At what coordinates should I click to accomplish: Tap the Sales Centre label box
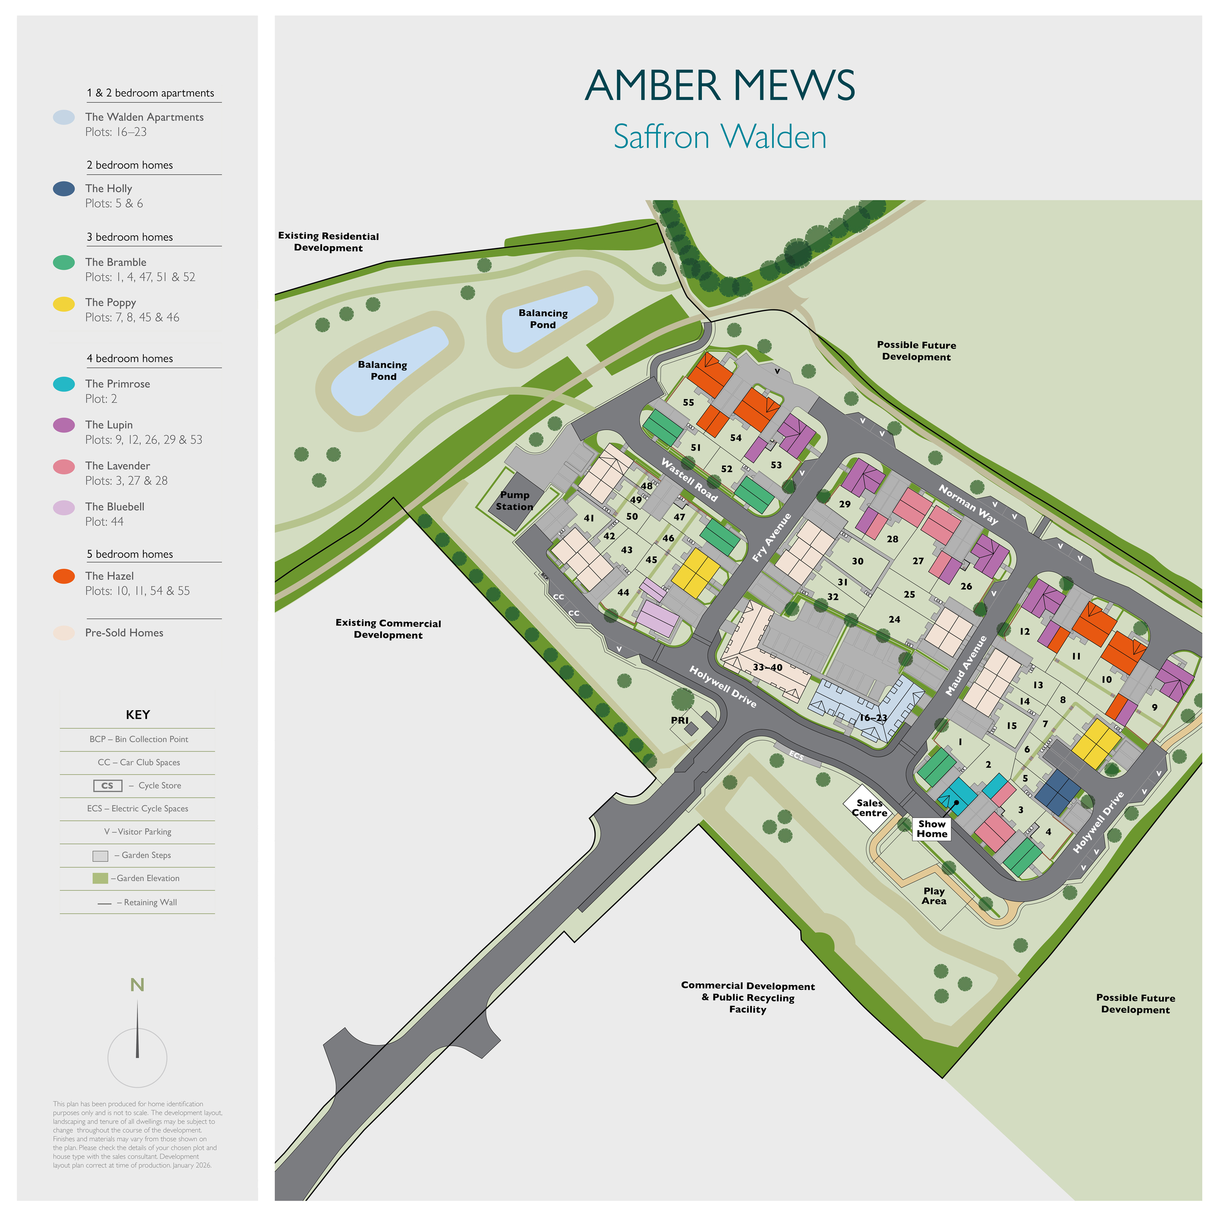click(869, 808)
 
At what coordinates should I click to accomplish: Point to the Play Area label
click(934, 896)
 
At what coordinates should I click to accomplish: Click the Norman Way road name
click(968, 504)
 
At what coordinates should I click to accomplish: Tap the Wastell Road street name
click(689, 480)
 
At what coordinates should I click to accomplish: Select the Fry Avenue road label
click(771, 538)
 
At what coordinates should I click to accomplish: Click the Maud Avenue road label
click(966, 666)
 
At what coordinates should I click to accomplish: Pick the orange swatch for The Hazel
click(64, 576)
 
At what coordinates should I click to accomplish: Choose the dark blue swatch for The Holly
click(64, 188)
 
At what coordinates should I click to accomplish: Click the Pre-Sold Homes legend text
click(124, 633)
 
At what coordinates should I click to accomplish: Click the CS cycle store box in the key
click(107, 785)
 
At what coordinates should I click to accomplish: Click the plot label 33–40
click(767, 668)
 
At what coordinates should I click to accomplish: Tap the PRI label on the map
click(679, 721)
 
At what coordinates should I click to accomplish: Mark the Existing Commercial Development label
click(388, 629)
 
